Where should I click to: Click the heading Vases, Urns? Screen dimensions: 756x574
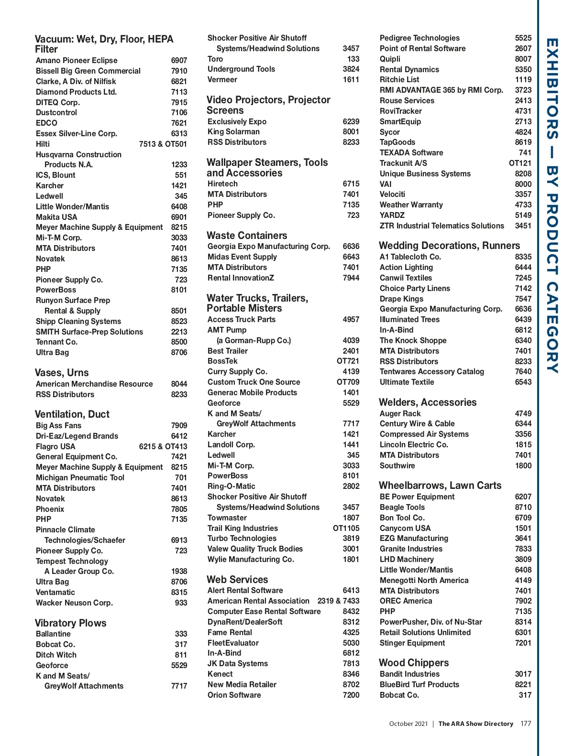click(62, 373)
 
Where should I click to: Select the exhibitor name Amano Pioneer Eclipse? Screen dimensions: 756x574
click(77, 61)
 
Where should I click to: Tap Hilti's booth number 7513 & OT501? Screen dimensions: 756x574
click(163, 144)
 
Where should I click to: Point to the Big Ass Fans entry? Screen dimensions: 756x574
click(58, 425)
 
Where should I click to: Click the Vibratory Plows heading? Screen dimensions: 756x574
click(70, 623)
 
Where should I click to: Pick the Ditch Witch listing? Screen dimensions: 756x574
click(56, 655)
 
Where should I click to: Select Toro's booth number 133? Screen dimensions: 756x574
click(353, 59)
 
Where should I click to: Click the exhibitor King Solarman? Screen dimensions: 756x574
click(233, 132)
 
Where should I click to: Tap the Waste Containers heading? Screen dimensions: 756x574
click(247, 236)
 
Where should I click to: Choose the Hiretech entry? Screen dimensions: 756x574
click(222, 184)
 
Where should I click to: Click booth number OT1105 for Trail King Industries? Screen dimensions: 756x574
click(346, 528)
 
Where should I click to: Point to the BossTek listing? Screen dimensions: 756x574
click(222, 361)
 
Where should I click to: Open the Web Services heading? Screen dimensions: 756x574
click(237, 580)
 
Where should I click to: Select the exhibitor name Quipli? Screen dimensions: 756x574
click(390, 59)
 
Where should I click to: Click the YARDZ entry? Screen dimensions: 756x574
click(392, 216)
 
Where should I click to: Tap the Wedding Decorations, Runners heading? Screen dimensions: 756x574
click(449, 246)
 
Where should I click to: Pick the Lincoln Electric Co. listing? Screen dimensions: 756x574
click(414, 444)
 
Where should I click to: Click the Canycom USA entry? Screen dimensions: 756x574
click(405, 528)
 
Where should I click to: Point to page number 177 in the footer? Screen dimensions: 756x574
click(526, 724)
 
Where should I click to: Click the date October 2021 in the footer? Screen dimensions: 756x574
click(408, 724)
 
